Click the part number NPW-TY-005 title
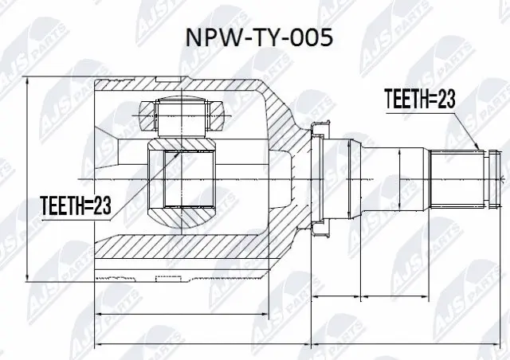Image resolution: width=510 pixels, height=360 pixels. pyautogui.click(x=255, y=39)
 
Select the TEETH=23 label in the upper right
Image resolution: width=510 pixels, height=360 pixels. pyautogui.click(x=419, y=98)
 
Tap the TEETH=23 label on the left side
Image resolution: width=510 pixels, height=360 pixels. pyautogui.click(x=74, y=207)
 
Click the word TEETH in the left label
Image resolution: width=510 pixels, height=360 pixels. pyautogui.click(x=58, y=207)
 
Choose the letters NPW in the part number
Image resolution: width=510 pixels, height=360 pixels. pyautogui.click(x=205, y=39)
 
